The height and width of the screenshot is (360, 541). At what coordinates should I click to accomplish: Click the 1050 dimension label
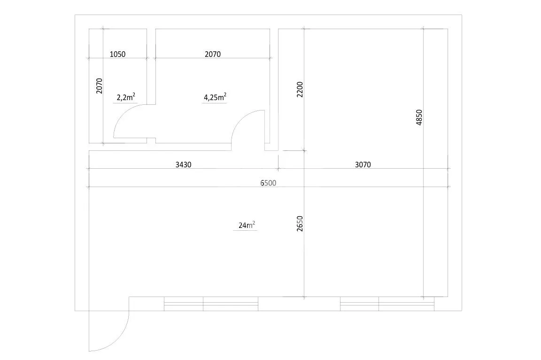pos(117,54)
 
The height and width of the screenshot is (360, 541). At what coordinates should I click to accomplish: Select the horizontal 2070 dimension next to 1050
pos(213,54)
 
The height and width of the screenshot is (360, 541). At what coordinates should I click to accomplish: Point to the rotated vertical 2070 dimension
pos(100,86)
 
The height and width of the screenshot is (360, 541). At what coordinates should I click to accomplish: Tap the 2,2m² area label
pos(126,97)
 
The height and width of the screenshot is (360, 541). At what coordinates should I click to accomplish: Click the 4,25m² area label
pos(215,97)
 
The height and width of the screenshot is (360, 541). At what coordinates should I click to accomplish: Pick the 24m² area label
pos(247,225)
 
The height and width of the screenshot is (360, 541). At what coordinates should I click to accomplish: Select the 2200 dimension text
pos(300,89)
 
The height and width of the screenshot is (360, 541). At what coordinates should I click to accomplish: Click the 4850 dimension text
pos(419,117)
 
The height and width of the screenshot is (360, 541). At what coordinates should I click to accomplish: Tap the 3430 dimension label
pos(183,164)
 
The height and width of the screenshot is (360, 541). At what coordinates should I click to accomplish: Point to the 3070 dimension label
pos(363,164)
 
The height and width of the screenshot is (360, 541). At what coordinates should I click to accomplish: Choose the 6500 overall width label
pos(268,183)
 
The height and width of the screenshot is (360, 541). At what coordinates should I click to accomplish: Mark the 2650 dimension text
pos(300,223)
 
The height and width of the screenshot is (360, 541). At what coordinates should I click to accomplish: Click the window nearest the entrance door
pos(211,304)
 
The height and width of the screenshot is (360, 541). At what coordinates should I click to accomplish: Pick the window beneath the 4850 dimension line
pos(387,304)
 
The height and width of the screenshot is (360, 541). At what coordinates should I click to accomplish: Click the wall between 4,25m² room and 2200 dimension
pos(274,90)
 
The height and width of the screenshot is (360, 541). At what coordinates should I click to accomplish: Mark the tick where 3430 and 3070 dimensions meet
pos(278,169)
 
